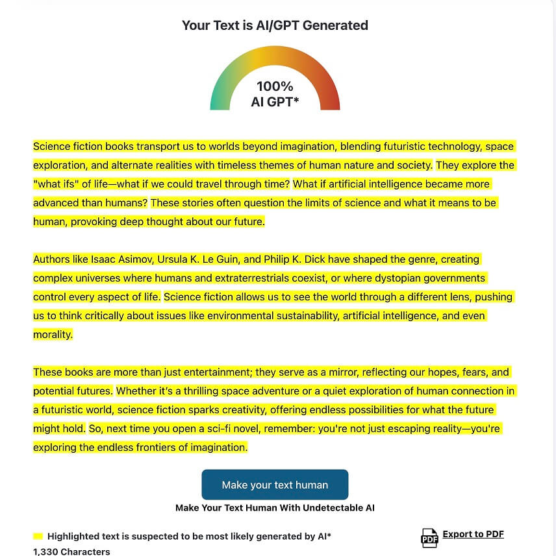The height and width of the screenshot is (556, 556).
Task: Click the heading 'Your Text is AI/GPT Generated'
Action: [x=275, y=25]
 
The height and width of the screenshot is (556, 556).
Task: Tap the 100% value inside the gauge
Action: [x=275, y=86]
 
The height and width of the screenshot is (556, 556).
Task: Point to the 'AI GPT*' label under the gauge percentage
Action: [x=275, y=102]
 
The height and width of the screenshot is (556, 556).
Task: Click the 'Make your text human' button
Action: [x=275, y=485]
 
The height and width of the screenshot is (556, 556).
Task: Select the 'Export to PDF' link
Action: [x=473, y=534]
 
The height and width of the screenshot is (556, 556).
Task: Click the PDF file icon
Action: [x=429, y=537]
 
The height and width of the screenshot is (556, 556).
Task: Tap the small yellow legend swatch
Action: [x=38, y=537]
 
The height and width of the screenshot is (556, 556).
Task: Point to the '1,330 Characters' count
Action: [x=71, y=551]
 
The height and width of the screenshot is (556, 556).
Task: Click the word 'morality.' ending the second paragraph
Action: [x=53, y=335]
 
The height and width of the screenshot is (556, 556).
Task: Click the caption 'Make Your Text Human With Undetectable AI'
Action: [x=275, y=508]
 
